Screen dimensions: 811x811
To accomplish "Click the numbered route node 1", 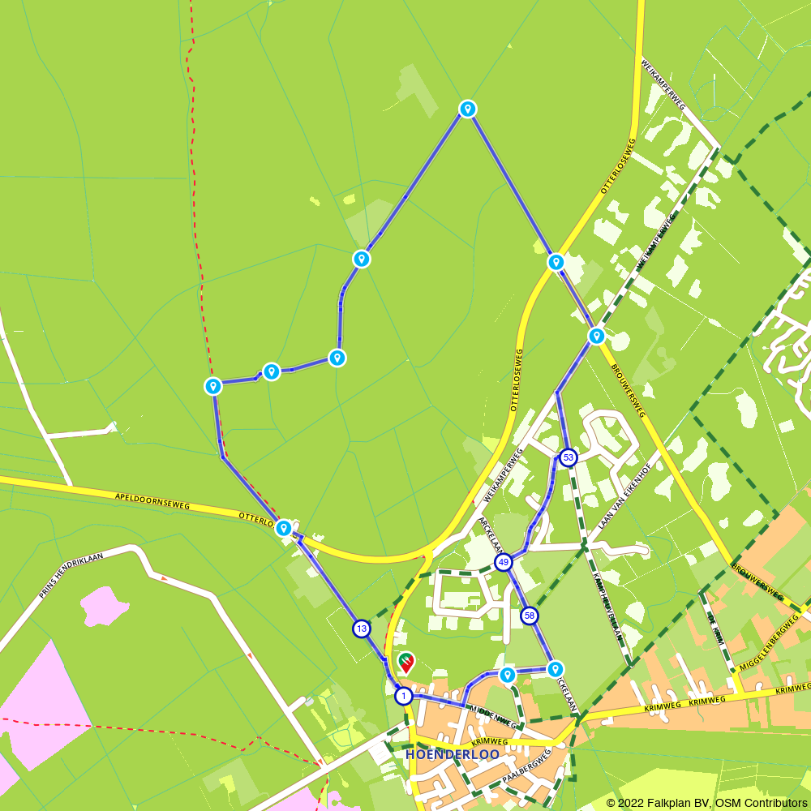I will pyautogui.click(x=403, y=696).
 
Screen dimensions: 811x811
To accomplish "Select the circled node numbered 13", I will pyautogui.click(x=361, y=629).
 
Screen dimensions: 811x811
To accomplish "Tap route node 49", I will pyautogui.click(x=504, y=562).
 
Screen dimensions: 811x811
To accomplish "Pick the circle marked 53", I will pyautogui.click(x=568, y=457).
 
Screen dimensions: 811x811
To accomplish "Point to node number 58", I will pyautogui.click(x=529, y=616).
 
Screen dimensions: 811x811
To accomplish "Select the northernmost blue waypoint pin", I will pyautogui.click(x=467, y=109).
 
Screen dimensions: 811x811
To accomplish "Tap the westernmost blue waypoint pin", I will pyautogui.click(x=213, y=386).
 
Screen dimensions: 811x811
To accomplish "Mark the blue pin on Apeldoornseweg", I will pyautogui.click(x=283, y=529).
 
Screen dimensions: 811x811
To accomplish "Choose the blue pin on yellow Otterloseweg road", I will pyautogui.click(x=556, y=262).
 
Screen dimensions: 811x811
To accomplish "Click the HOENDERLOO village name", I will pyautogui.click(x=452, y=755).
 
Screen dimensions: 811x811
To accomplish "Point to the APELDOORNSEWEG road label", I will pyautogui.click(x=152, y=500).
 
